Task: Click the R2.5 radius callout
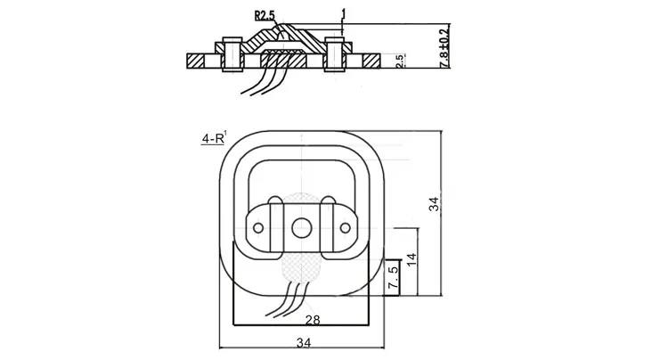pyautogui.click(x=265, y=16)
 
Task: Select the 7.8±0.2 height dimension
pyautogui.click(x=444, y=47)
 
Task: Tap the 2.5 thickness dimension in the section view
pyautogui.click(x=400, y=61)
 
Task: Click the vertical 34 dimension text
pyautogui.click(x=434, y=204)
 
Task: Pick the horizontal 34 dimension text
pyautogui.click(x=304, y=342)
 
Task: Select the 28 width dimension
pyautogui.click(x=313, y=320)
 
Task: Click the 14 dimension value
pyautogui.click(x=411, y=259)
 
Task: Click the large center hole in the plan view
pyautogui.click(x=302, y=228)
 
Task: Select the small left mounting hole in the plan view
pyautogui.click(x=258, y=228)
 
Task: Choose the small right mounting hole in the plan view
pyautogui.click(x=345, y=228)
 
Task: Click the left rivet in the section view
pyautogui.click(x=232, y=54)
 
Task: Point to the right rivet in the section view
pyautogui.click(x=334, y=54)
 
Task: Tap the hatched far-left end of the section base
pyautogui.click(x=196, y=61)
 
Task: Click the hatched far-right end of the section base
pyautogui.click(x=371, y=61)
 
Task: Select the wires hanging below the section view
pyautogui.click(x=265, y=78)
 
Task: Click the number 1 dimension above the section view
pyautogui.click(x=344, y=14)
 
